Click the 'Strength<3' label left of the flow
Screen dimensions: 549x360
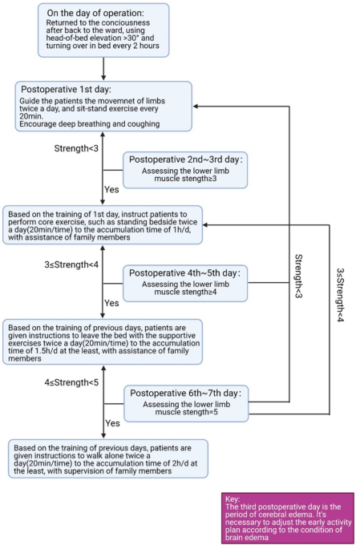click(77, 149)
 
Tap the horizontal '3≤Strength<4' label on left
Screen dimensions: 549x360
click(71, 264)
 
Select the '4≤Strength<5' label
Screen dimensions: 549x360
click(71, 383)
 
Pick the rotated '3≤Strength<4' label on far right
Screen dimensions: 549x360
click(339, 295)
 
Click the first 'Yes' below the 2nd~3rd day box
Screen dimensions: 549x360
click(111, 190)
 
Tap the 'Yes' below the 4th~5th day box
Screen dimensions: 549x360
click(111, 303)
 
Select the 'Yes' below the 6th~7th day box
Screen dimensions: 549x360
click(111, 422)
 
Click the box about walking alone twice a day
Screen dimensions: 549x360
click(107, 459)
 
